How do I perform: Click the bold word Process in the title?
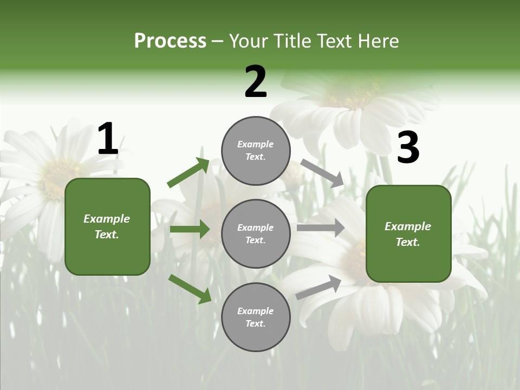(x=170, y=41)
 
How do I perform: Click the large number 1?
(x=107, y=139)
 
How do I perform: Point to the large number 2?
(x=256, y=82)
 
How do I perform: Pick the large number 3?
(x=408, y=148)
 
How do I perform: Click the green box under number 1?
(x=107, y=226)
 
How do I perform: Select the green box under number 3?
(x=408, y=234)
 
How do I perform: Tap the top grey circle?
(x=256, y=151)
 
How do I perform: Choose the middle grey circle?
(x=256, y=234)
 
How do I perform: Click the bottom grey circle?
(x=256, y=317)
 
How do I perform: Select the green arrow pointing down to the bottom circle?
(x=190, y=288)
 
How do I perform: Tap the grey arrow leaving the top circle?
(x=322, y=173)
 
